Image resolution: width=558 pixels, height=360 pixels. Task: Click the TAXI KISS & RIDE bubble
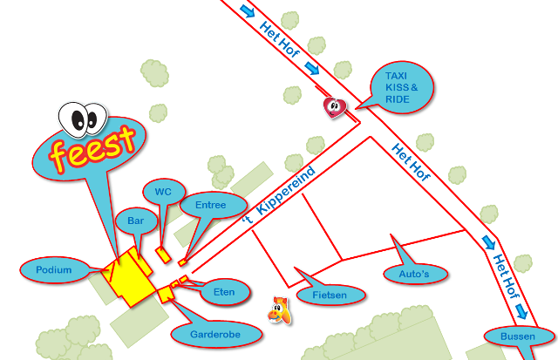click(x=401, y=88)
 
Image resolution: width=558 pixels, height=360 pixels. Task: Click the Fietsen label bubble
click(x=329, y=295)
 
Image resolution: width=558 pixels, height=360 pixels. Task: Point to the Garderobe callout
click(x=214, y=333)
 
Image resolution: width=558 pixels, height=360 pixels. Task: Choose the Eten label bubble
click(x=224, y=292)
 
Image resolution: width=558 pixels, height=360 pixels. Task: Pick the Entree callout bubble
click(x=211, y=206)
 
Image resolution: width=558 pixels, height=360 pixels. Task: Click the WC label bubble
click(x=163, y=192)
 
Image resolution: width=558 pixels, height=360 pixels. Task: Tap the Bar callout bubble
click(x=136, y=221)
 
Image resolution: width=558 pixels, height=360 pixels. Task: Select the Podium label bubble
click(x=54, y=270)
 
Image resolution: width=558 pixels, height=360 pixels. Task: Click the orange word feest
click(x=92, y=147)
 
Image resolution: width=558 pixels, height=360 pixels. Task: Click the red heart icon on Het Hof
click(x=336, y=106)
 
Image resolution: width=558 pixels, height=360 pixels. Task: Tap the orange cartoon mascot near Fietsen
click(x=279, y=309)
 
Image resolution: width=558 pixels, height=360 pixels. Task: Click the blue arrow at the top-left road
click(x=247, y=11)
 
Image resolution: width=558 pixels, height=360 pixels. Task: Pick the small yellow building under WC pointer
click(x=163, y=254)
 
